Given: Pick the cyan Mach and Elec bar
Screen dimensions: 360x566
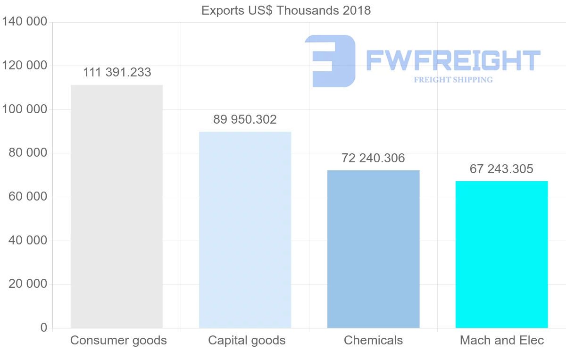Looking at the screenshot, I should tap(501, 254).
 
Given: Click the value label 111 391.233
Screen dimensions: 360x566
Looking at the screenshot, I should tap(117, 72).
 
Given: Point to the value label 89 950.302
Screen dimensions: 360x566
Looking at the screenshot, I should tap(245, 119).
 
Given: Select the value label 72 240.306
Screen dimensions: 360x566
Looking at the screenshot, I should tap(373, 158).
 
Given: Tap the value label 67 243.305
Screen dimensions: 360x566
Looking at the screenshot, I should tap(501, 169).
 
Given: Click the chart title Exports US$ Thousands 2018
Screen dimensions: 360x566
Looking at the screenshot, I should tap(286, 10).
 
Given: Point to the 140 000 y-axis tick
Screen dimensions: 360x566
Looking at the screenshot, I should tap(25, 22).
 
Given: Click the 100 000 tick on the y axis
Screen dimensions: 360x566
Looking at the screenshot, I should tap(25, 109).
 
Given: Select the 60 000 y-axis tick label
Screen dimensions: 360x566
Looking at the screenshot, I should tap(28, 197).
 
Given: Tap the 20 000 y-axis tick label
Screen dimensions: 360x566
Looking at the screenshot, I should tap(28, 284).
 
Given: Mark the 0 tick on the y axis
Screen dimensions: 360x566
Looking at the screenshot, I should tap(44, 327).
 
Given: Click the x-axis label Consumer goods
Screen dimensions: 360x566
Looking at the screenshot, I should tap(118, 340).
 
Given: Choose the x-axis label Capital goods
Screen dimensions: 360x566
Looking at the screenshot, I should tap(247, 340).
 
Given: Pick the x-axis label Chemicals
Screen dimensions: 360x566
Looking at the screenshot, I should tap(373, 340).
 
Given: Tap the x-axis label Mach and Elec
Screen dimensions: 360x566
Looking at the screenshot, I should tap(502, 340).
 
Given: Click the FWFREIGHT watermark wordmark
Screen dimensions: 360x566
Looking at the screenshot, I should tap(453, 60).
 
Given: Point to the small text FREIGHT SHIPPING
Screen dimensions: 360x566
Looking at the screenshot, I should tap(453, 80).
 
